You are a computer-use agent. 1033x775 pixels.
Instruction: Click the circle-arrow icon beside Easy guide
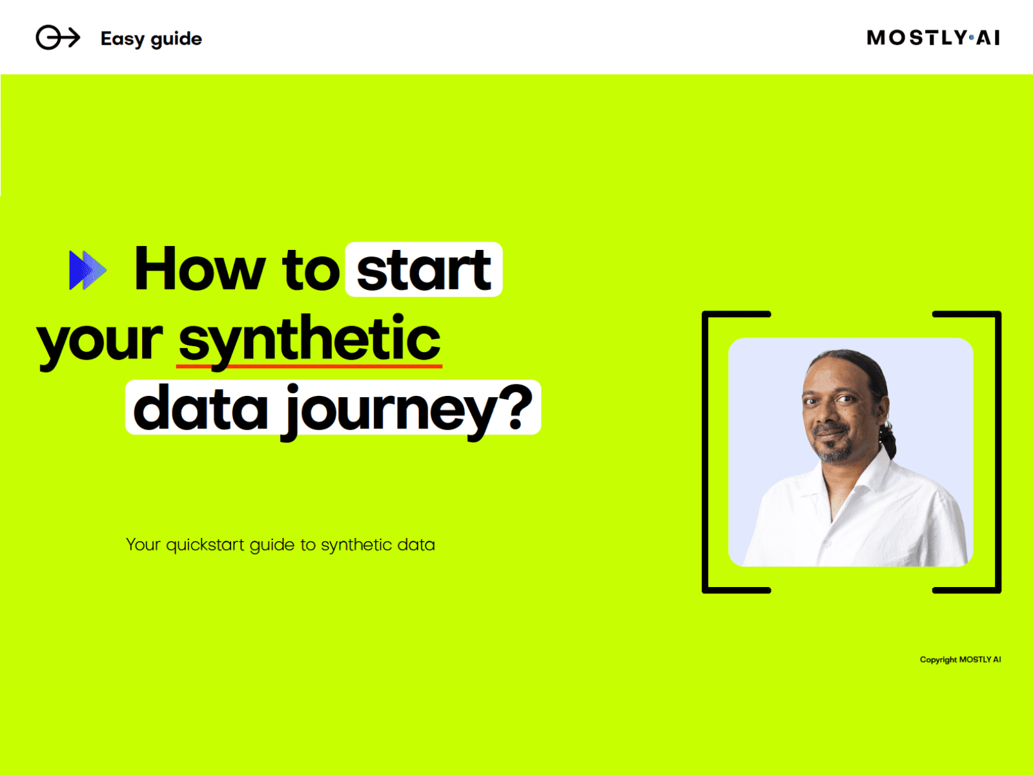coord(58,37)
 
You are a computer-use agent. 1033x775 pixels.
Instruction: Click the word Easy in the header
coord(122,39)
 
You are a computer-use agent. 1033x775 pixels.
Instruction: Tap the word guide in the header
coord(176,39)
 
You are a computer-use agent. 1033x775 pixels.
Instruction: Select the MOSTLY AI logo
coord(933,37)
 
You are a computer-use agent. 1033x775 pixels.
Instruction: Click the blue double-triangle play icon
coord(88,270)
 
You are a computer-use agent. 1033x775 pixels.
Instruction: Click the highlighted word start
coord(424,270)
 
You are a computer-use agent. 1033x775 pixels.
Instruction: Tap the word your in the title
coord(100,341)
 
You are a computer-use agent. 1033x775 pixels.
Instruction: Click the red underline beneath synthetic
coord(309,365)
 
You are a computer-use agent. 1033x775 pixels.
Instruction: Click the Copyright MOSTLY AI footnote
coord(960,659)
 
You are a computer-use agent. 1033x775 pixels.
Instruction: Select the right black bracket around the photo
coord(997,451)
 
